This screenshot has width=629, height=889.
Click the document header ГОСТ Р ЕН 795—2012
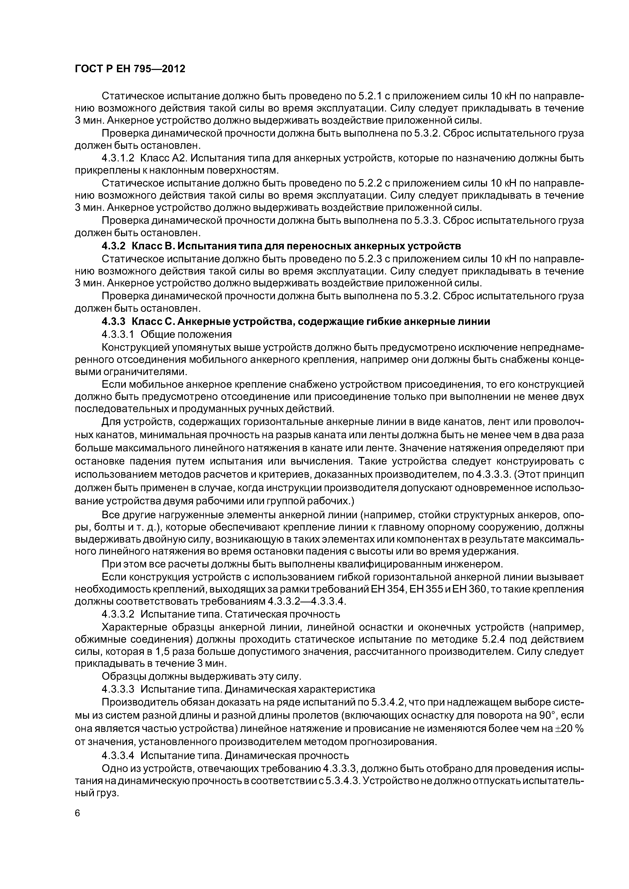click(x=130, y=69)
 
